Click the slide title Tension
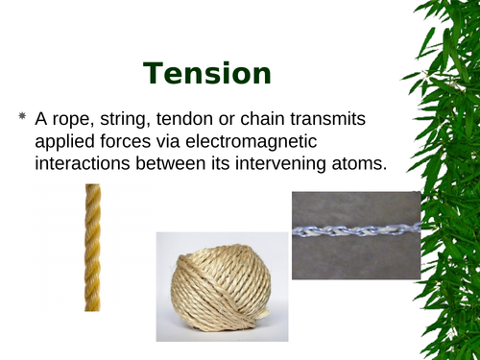(x=207, y=73)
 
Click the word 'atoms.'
(x=355, y=165)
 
